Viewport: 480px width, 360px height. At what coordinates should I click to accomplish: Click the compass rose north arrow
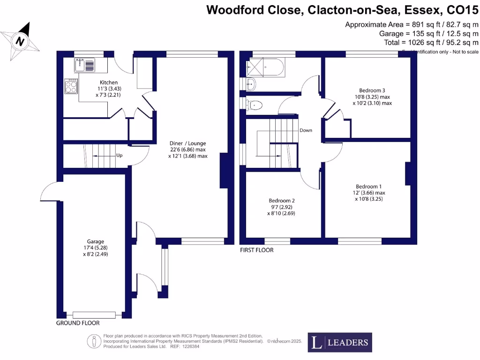click(x=20, y=40)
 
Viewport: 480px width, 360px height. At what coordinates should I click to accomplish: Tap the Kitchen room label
click(x=99, y=82)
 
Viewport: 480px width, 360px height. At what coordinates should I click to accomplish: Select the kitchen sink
click(x=84, y=65)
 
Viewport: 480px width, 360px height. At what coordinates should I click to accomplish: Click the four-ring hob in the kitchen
click(x=71, y=86)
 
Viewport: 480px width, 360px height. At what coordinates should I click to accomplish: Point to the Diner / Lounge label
click(x=187, y=143)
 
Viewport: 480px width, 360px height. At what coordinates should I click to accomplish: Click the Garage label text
click(x=95, y=242)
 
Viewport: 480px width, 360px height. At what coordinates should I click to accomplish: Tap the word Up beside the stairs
click(x=120, y=155)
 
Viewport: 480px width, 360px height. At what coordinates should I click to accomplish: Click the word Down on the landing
click(x=306, y=130)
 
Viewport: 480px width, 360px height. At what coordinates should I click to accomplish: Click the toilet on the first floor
click(x=255, y=105)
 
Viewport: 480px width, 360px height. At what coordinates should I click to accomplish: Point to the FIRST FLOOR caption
click(x=256, y=250)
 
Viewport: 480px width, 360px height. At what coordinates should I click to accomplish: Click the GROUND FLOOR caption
click(x=78, y=323)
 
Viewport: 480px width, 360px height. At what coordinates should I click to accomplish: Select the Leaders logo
click(x=340, y=343)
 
